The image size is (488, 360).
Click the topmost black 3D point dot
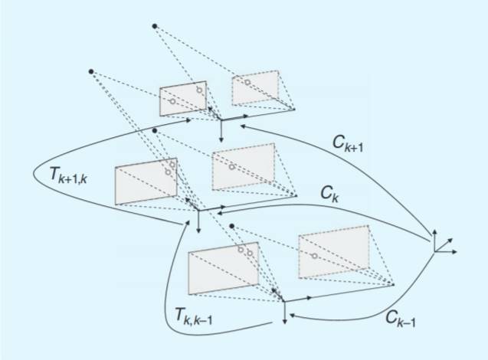click(156, 27)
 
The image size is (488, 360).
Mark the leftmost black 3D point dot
click(91, 72)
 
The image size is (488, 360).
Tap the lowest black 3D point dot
click(231, 227)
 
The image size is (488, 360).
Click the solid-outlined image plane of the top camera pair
click(183, 99)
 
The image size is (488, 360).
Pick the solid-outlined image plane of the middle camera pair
click(146, 181)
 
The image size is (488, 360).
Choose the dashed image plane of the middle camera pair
click(244, 166)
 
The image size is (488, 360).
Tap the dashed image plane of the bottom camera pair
click(333, 250)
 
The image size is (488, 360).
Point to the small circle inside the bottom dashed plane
click(314, 255)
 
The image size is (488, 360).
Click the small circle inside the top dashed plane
click(247, 81)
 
